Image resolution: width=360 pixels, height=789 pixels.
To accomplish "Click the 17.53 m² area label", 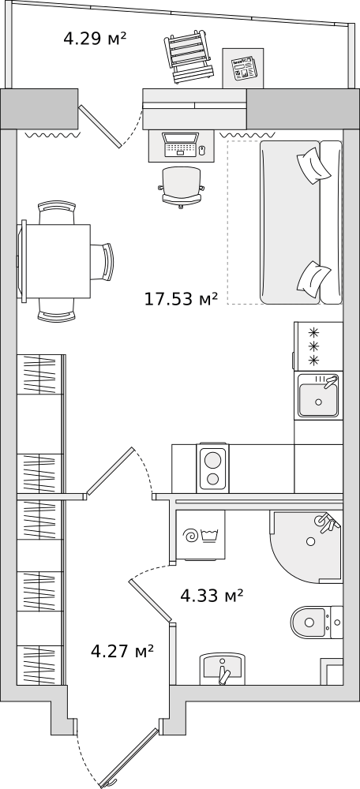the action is click(x=181, y=299).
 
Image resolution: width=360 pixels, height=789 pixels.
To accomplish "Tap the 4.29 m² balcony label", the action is click(x=94, y=38).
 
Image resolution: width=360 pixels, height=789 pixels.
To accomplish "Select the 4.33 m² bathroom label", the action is click(x=212, y=596).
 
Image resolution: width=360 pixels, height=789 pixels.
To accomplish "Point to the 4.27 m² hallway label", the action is click(x=122, y=652).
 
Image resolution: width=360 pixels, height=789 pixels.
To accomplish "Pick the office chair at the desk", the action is click(x=182, y=187).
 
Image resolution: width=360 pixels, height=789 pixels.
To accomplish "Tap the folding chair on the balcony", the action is click(x=187, y=56).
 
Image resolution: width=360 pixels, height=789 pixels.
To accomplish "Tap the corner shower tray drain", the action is click(x=310, y=541).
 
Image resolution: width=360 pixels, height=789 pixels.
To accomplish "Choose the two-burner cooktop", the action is click(x=213, y=468).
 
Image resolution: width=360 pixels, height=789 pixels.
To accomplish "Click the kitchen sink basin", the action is click(x=317, y=399).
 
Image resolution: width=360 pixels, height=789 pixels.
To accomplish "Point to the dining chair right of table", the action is click(x=103, y=261).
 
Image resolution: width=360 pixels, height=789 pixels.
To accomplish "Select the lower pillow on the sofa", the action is click(x=314, y=277).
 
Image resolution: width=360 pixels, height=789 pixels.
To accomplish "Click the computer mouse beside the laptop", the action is click(x=202, y=149).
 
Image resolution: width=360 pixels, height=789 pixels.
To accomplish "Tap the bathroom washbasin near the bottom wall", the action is click(x=223, y=669).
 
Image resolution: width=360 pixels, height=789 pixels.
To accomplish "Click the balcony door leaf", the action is click(x=99, y=126).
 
